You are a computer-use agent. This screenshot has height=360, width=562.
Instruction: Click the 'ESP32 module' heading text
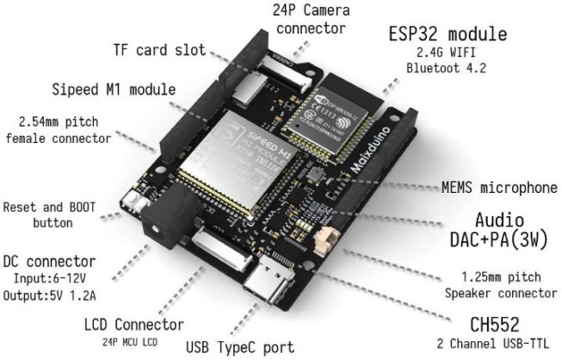tap(447, 35)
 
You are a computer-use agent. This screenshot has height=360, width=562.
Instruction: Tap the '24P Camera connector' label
tap(312, 20)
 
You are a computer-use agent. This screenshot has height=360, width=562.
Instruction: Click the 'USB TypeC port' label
tap(239, 347)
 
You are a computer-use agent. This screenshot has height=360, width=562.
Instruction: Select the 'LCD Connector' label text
tap(133, 325)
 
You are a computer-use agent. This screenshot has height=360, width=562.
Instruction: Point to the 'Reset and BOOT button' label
tap(51, 214)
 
